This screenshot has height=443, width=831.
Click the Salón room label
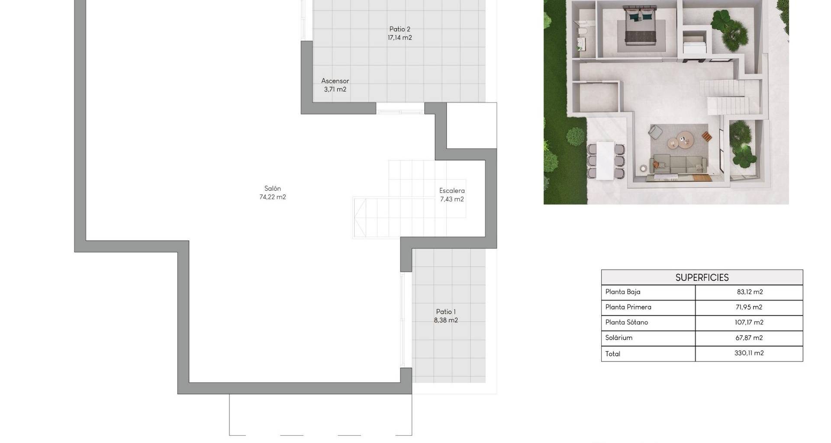(x=273, y=189)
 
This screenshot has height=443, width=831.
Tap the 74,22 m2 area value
(x=273, y=197)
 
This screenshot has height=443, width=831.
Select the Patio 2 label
(x=399, y=29)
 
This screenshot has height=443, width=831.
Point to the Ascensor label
(x=335, y=81)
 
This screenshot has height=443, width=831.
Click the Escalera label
(x=452, y=191)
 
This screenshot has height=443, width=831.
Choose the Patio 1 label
(x=446, y=312)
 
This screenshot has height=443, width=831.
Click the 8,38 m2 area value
(x=446, y=321)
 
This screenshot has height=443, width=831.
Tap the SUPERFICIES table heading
(x=702, y=278)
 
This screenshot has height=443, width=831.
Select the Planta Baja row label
(x=623, y=292)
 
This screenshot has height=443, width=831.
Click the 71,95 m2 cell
(x=749, y=307)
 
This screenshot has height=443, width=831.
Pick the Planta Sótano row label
(x=627, y=322)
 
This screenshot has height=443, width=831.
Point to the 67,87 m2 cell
(x=749, y=338)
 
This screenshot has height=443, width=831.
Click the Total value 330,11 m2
(x=749, y=353)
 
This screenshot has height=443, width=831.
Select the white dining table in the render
(x=606, y=161)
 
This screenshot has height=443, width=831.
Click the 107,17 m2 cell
(x=749, y=322)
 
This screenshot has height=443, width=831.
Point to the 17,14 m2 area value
(x=399, y=38)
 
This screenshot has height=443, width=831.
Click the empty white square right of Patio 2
(x=471, y=125)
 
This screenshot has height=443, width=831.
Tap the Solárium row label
(x=619, y=338)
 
